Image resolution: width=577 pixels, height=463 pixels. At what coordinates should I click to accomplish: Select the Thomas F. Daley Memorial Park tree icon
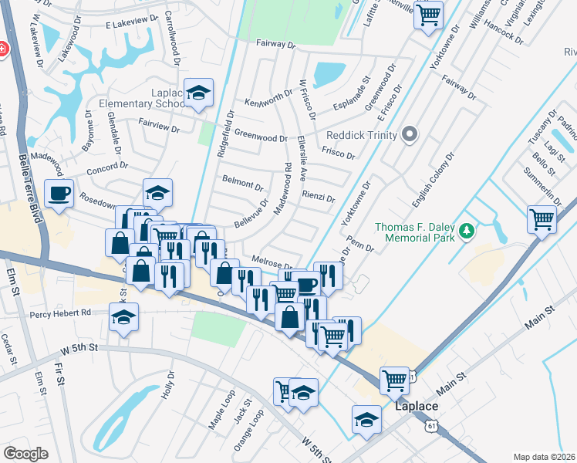(x=466, y=231)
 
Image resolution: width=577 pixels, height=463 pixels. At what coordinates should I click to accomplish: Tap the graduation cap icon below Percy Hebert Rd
(x=123, y=317)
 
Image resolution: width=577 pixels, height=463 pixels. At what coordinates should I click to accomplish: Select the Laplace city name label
(x=417, y=406)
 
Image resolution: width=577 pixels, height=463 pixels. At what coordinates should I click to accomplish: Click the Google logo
(x=25, y=454)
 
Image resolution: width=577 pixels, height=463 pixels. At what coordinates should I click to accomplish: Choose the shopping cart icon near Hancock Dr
(x=428, y=14)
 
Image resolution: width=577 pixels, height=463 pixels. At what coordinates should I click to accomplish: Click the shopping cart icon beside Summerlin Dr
(x=542, y=219)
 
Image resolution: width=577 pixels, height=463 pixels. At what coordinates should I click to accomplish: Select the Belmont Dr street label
(x=242, y=184)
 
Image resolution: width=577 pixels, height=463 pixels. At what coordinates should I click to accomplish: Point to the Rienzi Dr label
(x=318, y=197)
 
